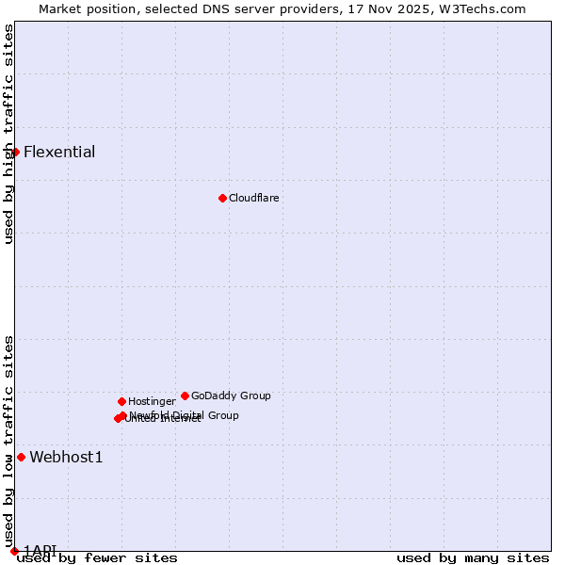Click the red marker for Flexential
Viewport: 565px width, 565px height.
coord(15,152)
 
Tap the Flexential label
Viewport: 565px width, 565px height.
coord(59,153)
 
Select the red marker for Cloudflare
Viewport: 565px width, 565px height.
coord(222,198)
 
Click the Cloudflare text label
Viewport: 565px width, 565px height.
coord(254,199)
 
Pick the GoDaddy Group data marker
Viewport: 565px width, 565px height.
coord(185,395)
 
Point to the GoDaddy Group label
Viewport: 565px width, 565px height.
coord(231,396)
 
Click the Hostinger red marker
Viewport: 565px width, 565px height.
coord(121,401)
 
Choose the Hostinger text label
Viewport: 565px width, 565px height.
coord(152,402)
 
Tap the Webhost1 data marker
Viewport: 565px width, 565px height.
coord(21,457)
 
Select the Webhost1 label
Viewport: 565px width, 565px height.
coord(66,458)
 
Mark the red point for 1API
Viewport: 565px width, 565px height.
coord(14,551)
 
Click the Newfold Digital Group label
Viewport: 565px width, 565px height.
coord(185,415)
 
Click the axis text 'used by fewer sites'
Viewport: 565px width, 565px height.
coord(97,558)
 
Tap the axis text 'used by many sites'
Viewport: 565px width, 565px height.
coord(473,558)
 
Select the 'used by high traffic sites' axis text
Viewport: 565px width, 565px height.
coord(8,134)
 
